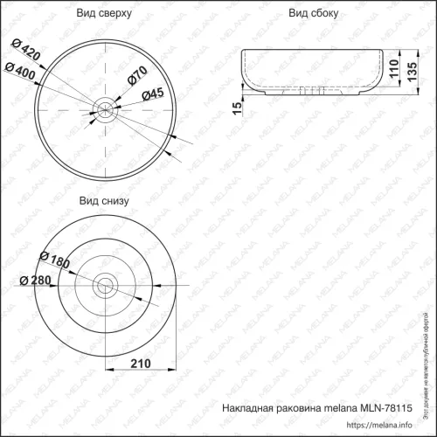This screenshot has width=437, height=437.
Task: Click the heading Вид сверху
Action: click(x=105, y=14)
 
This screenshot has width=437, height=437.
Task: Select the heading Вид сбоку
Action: click(x=314, y=14)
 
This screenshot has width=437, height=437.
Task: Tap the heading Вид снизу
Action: click(x=105, y=200)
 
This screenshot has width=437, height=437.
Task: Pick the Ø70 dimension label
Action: click(x=136, y=78)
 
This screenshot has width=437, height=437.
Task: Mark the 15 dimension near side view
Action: click(x=236, y=108)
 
